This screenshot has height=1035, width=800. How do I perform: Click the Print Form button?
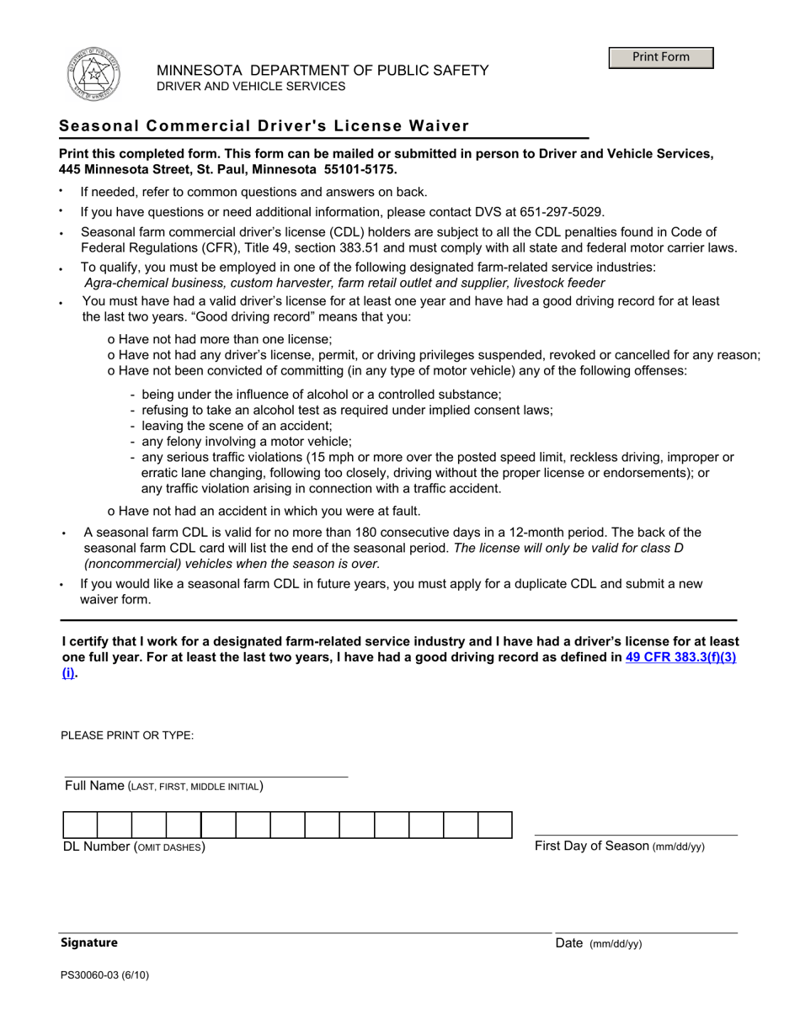(x=661, y=57)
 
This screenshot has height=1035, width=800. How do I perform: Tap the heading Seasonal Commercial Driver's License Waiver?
(x=264, y=126)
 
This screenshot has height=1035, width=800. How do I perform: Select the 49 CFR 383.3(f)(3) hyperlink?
(x=681, y=658)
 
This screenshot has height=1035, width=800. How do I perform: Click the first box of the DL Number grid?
(x=80, y=825)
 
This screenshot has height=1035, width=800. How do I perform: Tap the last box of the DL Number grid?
(x=495, y=825)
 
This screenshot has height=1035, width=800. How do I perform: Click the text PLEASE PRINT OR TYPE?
(x=127, y=735)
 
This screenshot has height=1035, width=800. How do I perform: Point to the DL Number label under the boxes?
(x=135, y=847)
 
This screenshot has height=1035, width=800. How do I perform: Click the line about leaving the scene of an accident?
(x=237, y=426)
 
